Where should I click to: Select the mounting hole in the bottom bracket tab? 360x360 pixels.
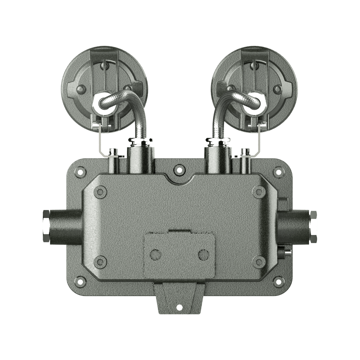pos(179,307)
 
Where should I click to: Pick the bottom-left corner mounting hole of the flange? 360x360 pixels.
pos(80,281)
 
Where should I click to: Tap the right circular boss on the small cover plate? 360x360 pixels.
pos(203,255)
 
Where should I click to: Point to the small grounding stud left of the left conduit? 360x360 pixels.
pos(114,152)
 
